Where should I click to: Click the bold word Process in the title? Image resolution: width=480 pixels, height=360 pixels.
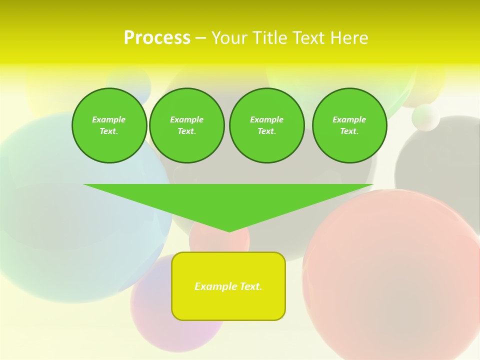[157, 38]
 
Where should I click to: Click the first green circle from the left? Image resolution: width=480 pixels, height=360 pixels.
[109, 125]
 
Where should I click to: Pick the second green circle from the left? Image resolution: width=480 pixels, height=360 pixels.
[187, 125]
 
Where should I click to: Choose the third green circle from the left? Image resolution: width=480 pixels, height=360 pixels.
[267, 125]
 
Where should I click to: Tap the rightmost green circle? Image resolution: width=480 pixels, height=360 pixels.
[349, 125]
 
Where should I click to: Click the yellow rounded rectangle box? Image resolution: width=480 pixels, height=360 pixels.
[228, 300]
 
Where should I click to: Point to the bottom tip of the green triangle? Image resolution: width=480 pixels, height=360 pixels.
[229, 231]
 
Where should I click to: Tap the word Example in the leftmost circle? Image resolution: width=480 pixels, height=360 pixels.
[109, 119]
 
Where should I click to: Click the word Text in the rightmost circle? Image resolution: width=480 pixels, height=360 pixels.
[349, 131]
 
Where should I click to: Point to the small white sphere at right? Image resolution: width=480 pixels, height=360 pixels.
[426, 117]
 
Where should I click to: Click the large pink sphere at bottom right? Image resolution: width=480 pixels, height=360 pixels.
[395, 275]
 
